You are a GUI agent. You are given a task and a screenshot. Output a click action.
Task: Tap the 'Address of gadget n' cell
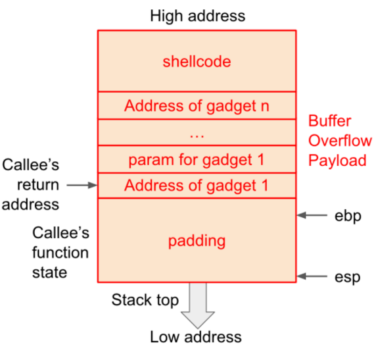click(x=196, y=105)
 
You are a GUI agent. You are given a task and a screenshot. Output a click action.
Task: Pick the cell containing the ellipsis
click(x=196, y=132)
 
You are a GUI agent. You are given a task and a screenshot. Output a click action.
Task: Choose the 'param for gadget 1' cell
click(x=196, y=159)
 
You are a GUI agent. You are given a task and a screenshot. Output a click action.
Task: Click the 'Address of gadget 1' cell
click(x=196, y=186)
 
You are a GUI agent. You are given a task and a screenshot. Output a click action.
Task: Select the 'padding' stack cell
click(x=196, y=240)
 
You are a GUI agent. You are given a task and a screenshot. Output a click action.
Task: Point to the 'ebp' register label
click(x=348, y=215)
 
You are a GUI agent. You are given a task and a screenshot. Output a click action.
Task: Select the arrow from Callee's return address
click(x=82, y=186)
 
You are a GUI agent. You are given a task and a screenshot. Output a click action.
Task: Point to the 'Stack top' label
click(x=145, y=301)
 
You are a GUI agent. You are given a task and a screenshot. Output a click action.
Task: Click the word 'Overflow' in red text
click(x=340, y=141)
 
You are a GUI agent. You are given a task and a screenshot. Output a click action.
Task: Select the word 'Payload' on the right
click(x=338, y=160)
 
